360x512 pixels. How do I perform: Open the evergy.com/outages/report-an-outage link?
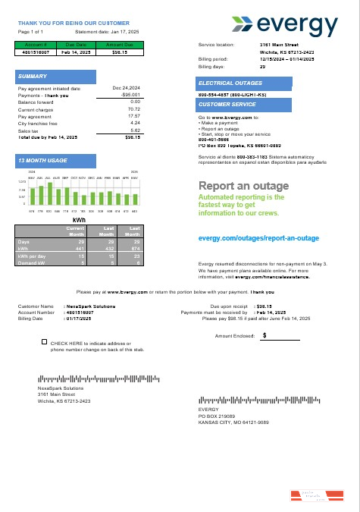coord(258,238)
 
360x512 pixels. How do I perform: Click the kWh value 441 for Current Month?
coord(75,248)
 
